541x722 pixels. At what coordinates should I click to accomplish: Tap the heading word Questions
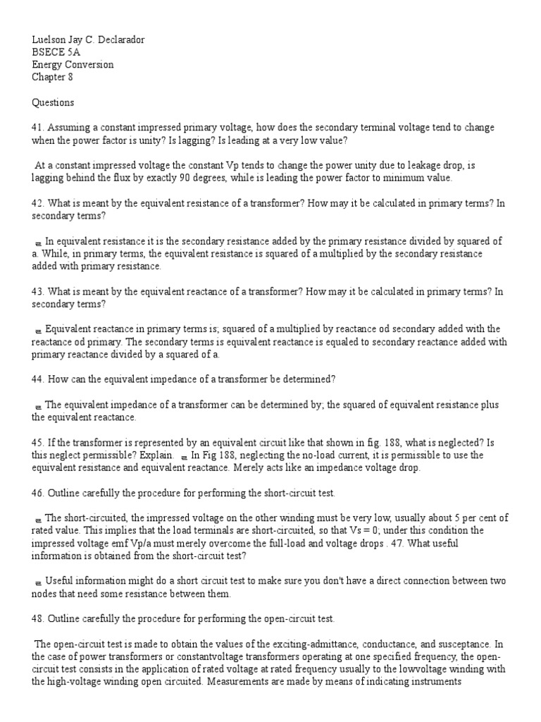(x=53, y=102)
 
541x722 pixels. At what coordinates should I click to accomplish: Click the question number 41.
(x=37, y=128)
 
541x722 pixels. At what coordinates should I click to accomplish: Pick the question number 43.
(x=37, y=292)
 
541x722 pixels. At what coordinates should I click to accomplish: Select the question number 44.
(x=37, y=379)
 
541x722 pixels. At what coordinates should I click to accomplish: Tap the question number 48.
(x=37, y=619)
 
